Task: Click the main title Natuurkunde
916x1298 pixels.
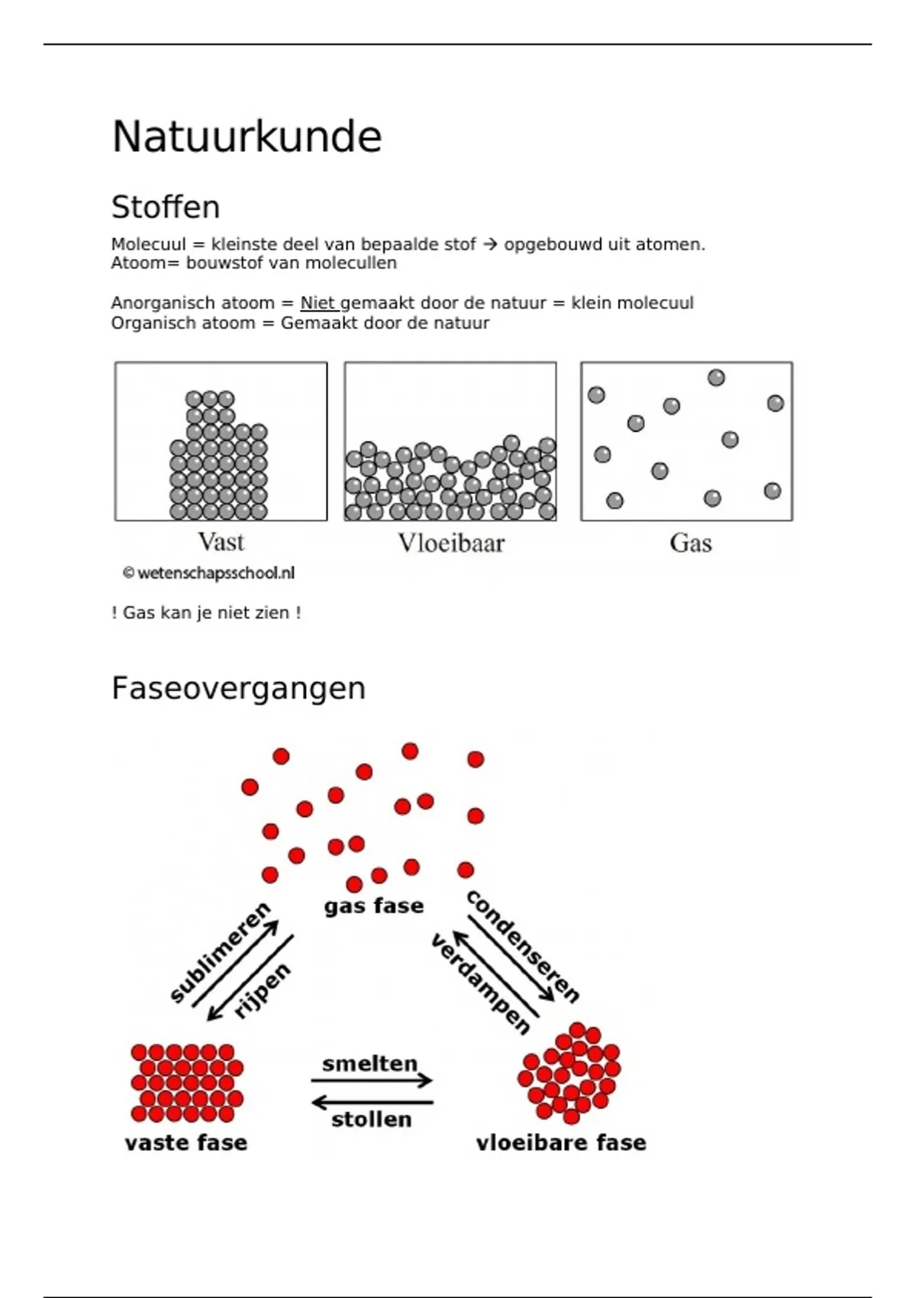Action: [247, 137]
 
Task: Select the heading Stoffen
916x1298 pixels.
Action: [166, 207]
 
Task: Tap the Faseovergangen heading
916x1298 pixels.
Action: [238, 689]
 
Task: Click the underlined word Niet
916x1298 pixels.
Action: [318, 303]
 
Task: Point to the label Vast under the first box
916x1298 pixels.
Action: [221, 542]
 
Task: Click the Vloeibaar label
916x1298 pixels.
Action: [451, 543]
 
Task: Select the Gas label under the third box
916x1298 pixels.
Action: [691, 543]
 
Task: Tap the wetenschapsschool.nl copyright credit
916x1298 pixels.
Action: [209, 573]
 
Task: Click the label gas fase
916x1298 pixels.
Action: [374, 906]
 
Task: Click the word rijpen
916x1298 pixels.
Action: [262, 991]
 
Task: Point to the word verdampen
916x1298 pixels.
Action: [480, 983]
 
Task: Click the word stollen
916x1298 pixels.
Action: [372, 1119]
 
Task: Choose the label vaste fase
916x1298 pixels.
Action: [186, 1143]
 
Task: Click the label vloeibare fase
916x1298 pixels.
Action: [561, 1143]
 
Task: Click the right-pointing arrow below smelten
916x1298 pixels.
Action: [372, 1080]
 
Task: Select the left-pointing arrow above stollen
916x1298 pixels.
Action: [372, 1102]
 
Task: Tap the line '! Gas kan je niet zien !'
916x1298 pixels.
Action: [206, 613]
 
